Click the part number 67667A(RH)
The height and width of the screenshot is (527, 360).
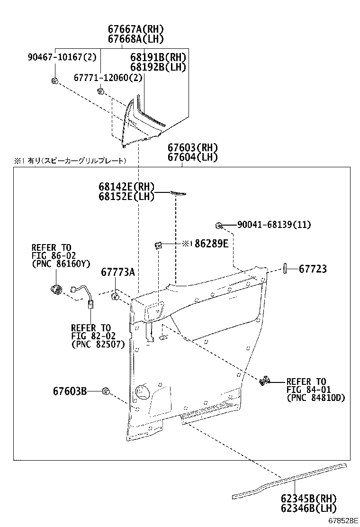pyautogui.click(x=135, y=29)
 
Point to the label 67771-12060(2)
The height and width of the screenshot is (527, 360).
pyautogui.click(x=108, y=77)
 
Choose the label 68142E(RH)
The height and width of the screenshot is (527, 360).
pyautogui.click(x=126, y=187)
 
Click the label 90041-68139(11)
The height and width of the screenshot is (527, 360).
pyautogui.click(x=274, y=225)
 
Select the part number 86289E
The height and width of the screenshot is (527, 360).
pyautogui.click(x=211, y=244)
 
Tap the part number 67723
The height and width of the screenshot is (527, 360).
pyautogui.click(x=313, y=269)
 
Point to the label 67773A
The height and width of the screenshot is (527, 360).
pyautogui.click(x=118, y=272)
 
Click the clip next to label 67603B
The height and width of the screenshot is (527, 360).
pyautogui.click(x=107, y=391)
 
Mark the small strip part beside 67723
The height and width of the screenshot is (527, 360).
pyautogui.click(x=286, y=268)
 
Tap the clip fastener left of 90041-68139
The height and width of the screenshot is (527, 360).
pyautogui.click(x=219, y=225)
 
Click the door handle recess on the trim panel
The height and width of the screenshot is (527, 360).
pyautogui.click(x=154, y=310)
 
